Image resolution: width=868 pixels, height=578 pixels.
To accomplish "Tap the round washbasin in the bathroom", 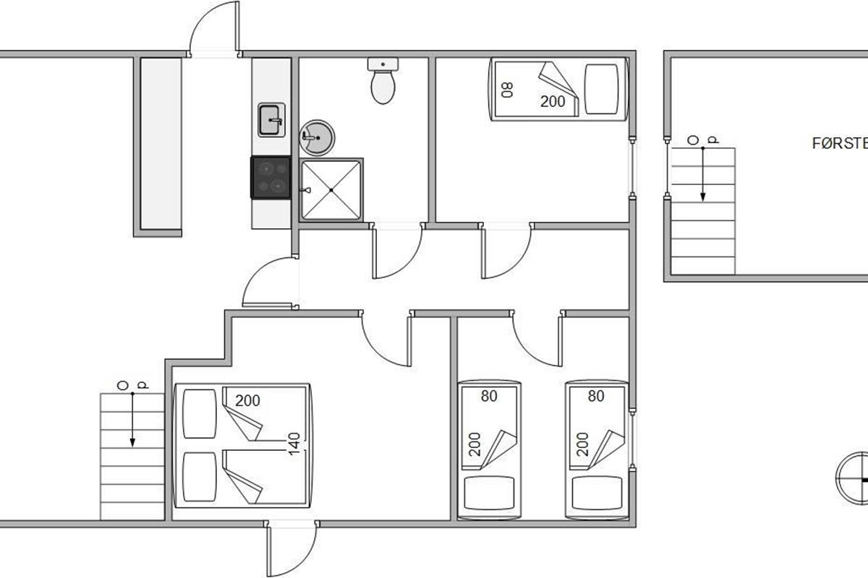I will tap(317, 137).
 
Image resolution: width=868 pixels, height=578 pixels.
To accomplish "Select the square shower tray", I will tap(331, 189).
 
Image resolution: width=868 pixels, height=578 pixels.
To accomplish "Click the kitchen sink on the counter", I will tap(271, 119).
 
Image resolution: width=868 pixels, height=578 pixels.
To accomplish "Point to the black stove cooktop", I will tap(271, 177).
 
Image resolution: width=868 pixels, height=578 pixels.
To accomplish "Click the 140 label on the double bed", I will tap(294, 443).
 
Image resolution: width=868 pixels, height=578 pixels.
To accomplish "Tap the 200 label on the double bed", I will tap(248, 400).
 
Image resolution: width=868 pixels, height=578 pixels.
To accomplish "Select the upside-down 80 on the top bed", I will tap(508, 90).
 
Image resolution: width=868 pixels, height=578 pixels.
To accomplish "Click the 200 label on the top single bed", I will tap(553, 102).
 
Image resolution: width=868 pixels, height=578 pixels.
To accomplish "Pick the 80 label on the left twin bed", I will tap(490, 396).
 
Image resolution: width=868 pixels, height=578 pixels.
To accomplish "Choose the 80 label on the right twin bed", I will tap(596, 396).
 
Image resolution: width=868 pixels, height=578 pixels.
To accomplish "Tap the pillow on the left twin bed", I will tap(489, 493).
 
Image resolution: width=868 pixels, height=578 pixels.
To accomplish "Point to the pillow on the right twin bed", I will tap(596, 493).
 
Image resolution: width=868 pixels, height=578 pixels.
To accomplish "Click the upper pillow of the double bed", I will tap(200, 413).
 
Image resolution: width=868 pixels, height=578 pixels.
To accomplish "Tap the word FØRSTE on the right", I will tap(840, 144).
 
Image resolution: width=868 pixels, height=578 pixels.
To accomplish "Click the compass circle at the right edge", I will tap(852, 476).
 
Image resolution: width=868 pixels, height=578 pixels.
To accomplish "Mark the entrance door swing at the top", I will tap(214, 29).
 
